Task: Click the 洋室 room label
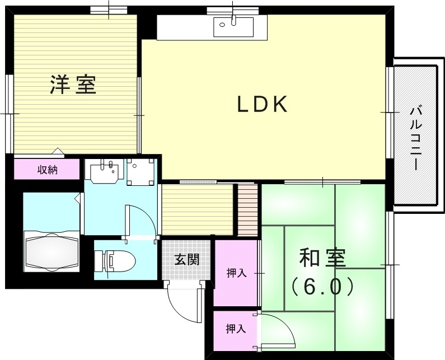pyautogui.click(x=73, y=85)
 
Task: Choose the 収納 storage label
pyautogui.click(x=48, y=170)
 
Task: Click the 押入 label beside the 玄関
pyautogui.click(x=236, y=273)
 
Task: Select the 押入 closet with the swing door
pyautogui.click(x=236, y=329)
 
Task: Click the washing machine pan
pyautogui.click(x=140, y=171)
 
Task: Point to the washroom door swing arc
pyautogui.click(x=140, y=221)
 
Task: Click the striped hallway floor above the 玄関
pyautogui.click(x=196, y=209)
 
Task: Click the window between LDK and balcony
pyautogui.click(x=388, y=112)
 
